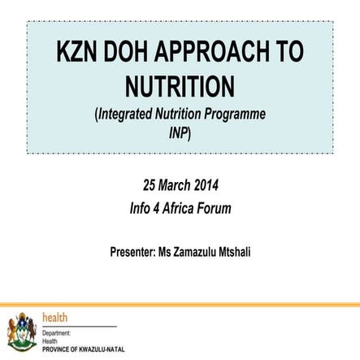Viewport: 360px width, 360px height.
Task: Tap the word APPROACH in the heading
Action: (219, 52)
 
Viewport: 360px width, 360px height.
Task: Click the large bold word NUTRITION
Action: (180, 85)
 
